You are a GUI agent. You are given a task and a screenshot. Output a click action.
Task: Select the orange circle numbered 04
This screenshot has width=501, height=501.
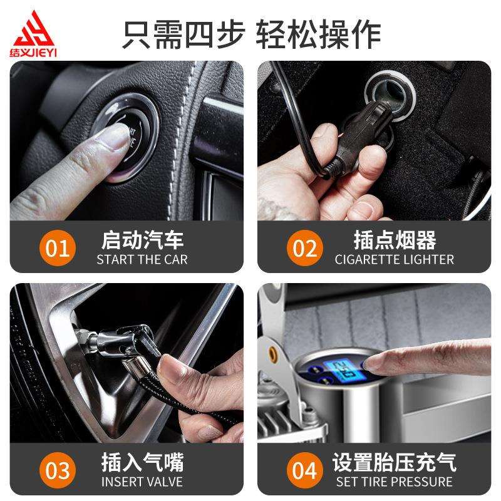[x=305, y=471]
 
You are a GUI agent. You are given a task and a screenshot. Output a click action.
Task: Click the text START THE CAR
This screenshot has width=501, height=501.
[x=142, y=259]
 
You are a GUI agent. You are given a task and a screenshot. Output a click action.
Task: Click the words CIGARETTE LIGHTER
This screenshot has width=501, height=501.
[x=395, y=259]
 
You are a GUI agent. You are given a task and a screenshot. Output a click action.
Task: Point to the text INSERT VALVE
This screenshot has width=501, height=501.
[x=142, y=482]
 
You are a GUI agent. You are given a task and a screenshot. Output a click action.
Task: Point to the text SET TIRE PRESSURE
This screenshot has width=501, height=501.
[x=395, y=482]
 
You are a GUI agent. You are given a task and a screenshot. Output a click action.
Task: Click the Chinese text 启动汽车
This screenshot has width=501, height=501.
[x=142, y=239]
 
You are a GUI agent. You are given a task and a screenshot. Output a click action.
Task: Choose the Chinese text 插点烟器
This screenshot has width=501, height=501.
[x=395, y=239]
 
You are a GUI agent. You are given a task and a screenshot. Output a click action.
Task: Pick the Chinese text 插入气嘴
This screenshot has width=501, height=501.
[x=142, y=463]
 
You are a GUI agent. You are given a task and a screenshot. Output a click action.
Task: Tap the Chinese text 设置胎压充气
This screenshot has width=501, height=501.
[x=395, y=463]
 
